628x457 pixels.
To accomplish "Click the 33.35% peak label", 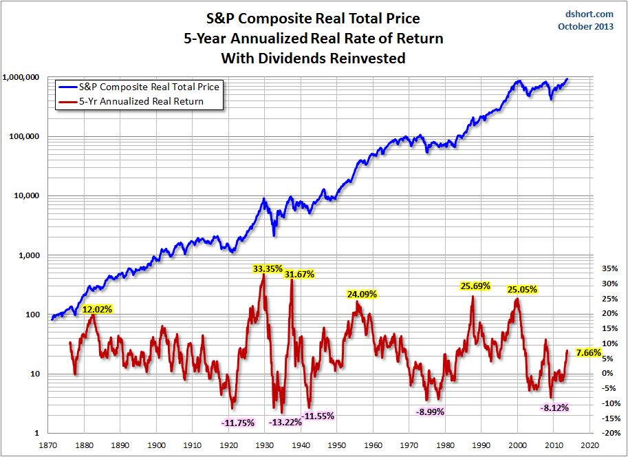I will click(268, 269).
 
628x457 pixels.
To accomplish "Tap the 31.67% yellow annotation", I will click(299, 274).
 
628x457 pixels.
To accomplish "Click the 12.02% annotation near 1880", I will click(97, 309).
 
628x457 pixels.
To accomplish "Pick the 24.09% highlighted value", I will click(362, 294).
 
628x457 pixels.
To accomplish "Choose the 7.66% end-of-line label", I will click(589, 353).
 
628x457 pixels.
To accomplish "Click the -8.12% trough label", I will click(554, 407).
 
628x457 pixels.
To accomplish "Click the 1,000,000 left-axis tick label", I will click(21, 77).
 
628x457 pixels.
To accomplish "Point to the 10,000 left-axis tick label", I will click(26, 195).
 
